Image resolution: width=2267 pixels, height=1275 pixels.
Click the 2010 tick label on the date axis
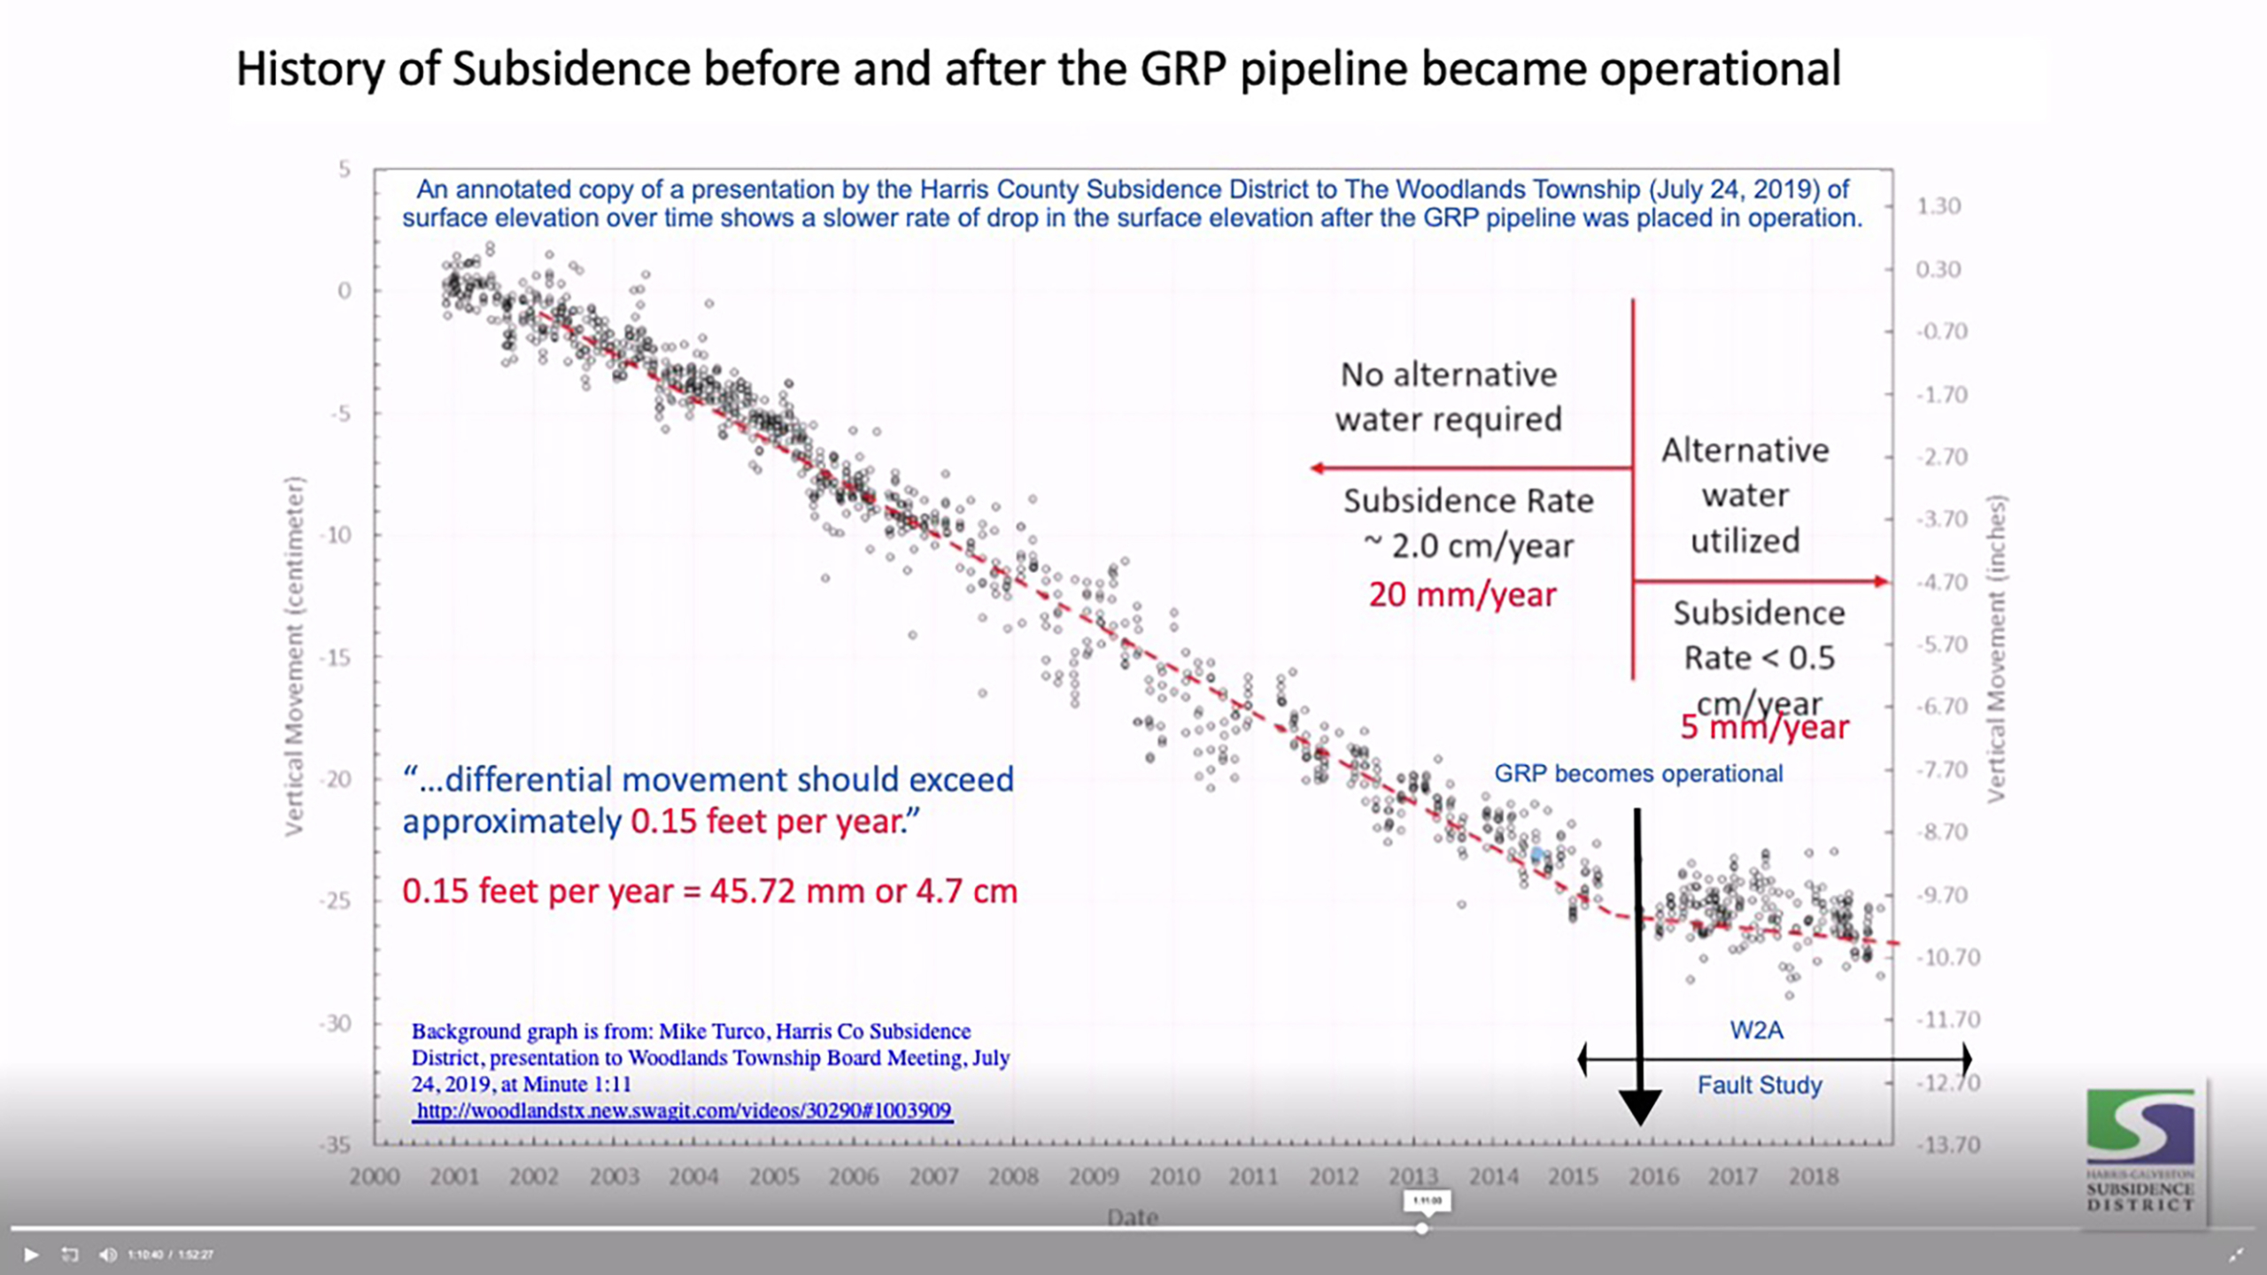tap(1173, 1177)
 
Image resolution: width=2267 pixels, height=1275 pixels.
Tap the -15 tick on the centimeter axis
tap(338, 657)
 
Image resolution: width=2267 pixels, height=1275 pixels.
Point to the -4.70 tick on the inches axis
tap(1941, 583)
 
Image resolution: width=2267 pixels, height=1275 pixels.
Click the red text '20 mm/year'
tap(1462, 595)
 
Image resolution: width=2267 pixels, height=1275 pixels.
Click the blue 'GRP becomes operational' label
tap(1638, 774)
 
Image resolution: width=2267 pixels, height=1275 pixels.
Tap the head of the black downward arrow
tap(1640, 1106)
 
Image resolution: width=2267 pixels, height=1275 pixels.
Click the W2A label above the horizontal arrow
tap(1757, 1031)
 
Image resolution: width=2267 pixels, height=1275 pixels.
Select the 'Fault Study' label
tap(1760, 1086)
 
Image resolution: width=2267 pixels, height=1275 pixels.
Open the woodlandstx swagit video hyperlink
tap(683, 1111)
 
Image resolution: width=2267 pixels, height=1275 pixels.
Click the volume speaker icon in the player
tap(108, 1255)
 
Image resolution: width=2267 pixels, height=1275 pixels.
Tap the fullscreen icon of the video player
tap(2236, 1255)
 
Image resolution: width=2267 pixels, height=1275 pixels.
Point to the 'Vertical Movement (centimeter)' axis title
tap(294, 655)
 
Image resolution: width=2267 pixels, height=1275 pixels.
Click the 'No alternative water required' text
tap(1449, 397)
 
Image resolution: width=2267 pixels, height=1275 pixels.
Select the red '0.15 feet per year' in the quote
tap(776, 822)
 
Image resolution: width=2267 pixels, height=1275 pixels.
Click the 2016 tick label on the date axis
tap(1653, 1177)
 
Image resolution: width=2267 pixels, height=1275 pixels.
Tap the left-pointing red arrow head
tap(1319, 467)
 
